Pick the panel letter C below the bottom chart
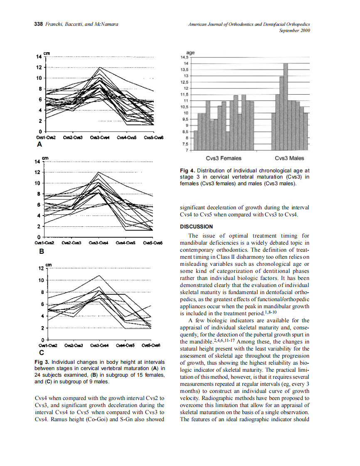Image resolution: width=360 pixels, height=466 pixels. click(x=41, y=353)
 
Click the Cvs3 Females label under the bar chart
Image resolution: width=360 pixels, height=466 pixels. click(x=223, y=158)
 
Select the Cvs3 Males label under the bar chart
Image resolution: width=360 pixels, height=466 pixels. click(x=289, y=158)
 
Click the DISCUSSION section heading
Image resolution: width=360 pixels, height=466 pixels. click(x=196, y=227)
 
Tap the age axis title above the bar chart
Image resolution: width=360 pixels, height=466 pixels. click(x=191, y=53)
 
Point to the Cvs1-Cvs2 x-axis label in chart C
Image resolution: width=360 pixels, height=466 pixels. click(x=47, y=345)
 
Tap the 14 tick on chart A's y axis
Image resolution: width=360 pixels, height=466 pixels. click(x=39, y=56)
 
